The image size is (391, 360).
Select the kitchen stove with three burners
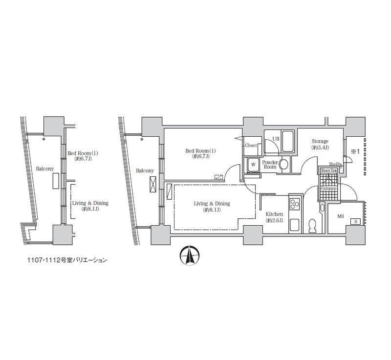point(295,205)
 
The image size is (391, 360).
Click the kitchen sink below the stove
point(295,225)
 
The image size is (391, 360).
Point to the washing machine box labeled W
point(253,165)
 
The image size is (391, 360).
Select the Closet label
point(251,145)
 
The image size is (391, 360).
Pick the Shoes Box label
point(328,170)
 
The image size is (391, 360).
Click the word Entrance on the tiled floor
point(328,188)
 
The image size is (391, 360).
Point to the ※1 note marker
point(355,151)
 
